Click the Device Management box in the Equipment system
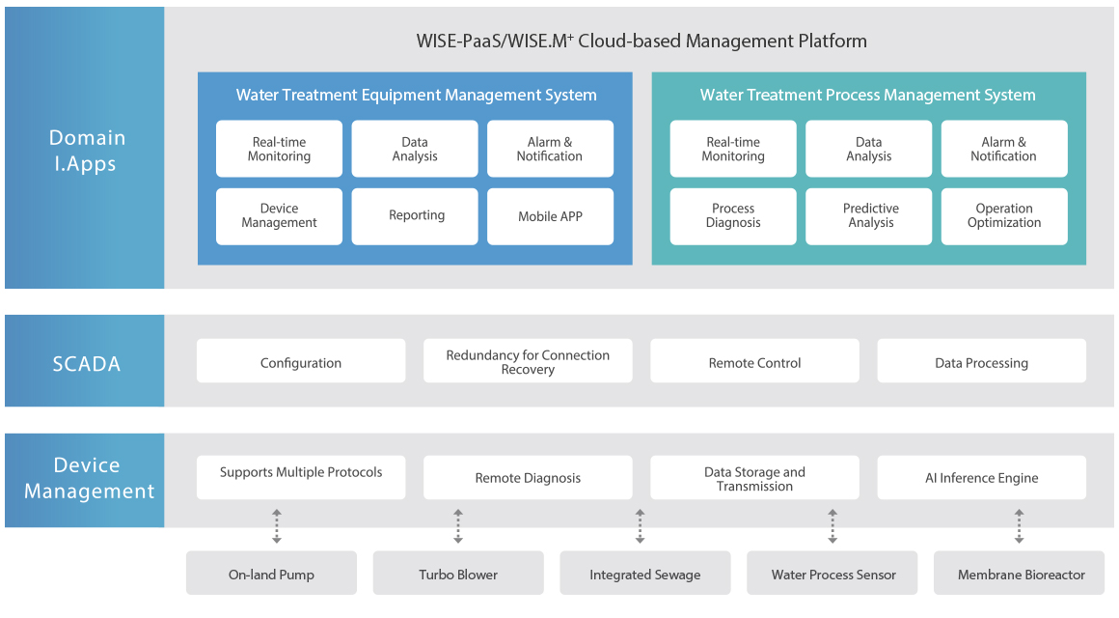click(x=279, y=216)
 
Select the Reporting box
click(x=415, y=216)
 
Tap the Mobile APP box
click(x=550, y=216)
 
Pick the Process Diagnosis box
click(x=733, y=216)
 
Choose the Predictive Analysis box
click(x=868, y=216)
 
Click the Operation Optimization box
click(x=1004, y=216)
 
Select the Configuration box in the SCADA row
click(x=301, y=361)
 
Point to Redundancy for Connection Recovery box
click(x=528, y=361)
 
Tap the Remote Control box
click(x=755, y=361)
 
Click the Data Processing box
click(x=982, y=361)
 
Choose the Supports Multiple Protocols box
click(x=301, y=477)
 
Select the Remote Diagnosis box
click(x=528, y=477)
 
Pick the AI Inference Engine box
click(x=982, y=477)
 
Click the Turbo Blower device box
click(x=458, y=573)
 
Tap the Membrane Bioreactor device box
click(x=1019, y=573)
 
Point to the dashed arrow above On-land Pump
click(x=277, y=526)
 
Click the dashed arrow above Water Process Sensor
click(x=832, y=526)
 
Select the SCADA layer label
click(x=87, y=364)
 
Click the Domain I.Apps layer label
click(x=87, y=151)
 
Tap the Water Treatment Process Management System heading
click(x=868, y=95)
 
